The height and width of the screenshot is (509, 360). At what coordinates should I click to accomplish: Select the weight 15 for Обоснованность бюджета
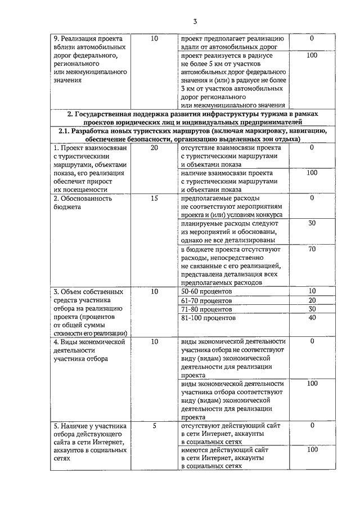155,198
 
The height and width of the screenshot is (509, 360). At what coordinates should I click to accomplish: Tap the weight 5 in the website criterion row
155,426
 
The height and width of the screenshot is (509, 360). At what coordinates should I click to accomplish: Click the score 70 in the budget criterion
312,249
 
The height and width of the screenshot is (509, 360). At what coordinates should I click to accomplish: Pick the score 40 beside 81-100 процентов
312,318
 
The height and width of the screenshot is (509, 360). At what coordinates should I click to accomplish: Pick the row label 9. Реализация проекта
89,59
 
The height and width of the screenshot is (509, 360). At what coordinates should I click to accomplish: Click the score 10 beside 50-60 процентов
312,291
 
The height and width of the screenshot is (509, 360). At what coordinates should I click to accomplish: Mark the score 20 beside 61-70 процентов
312,300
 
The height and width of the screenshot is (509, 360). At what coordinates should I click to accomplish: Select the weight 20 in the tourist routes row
155,147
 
